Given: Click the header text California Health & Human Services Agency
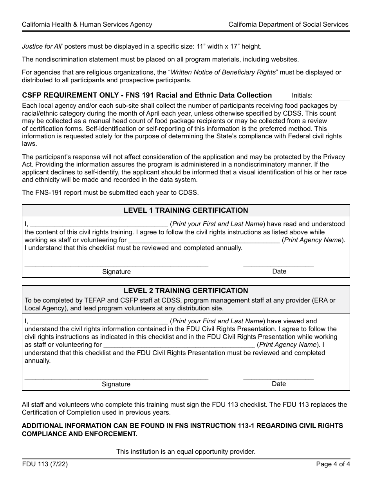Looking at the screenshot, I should [x=87, y=24].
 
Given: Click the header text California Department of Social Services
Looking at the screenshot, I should [x=288, y=24].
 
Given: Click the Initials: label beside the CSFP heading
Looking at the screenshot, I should [x=302, y=95].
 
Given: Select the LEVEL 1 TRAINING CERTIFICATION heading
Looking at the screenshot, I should [x=186, y=210].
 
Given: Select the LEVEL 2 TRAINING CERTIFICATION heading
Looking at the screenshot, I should [x=186, y=291].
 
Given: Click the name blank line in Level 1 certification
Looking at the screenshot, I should [x=99, y=225].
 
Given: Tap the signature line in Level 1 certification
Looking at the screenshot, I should [x=116, y=265].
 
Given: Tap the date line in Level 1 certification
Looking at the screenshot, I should [x=278, y=265].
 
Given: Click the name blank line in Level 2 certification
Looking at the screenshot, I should [x=99, y=321].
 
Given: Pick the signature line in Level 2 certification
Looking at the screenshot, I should [x=116, y=378].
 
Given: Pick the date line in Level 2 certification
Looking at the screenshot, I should [x=278, y=378].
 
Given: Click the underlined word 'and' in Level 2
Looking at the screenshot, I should [x=181, y=337].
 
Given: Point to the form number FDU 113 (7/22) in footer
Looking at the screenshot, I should [x=42, y=465].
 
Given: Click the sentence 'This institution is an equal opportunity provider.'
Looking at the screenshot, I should [x=186, y=451].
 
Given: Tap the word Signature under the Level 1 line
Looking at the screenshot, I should [x=116, y=272].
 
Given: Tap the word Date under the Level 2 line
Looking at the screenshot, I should [x=278, y=384].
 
